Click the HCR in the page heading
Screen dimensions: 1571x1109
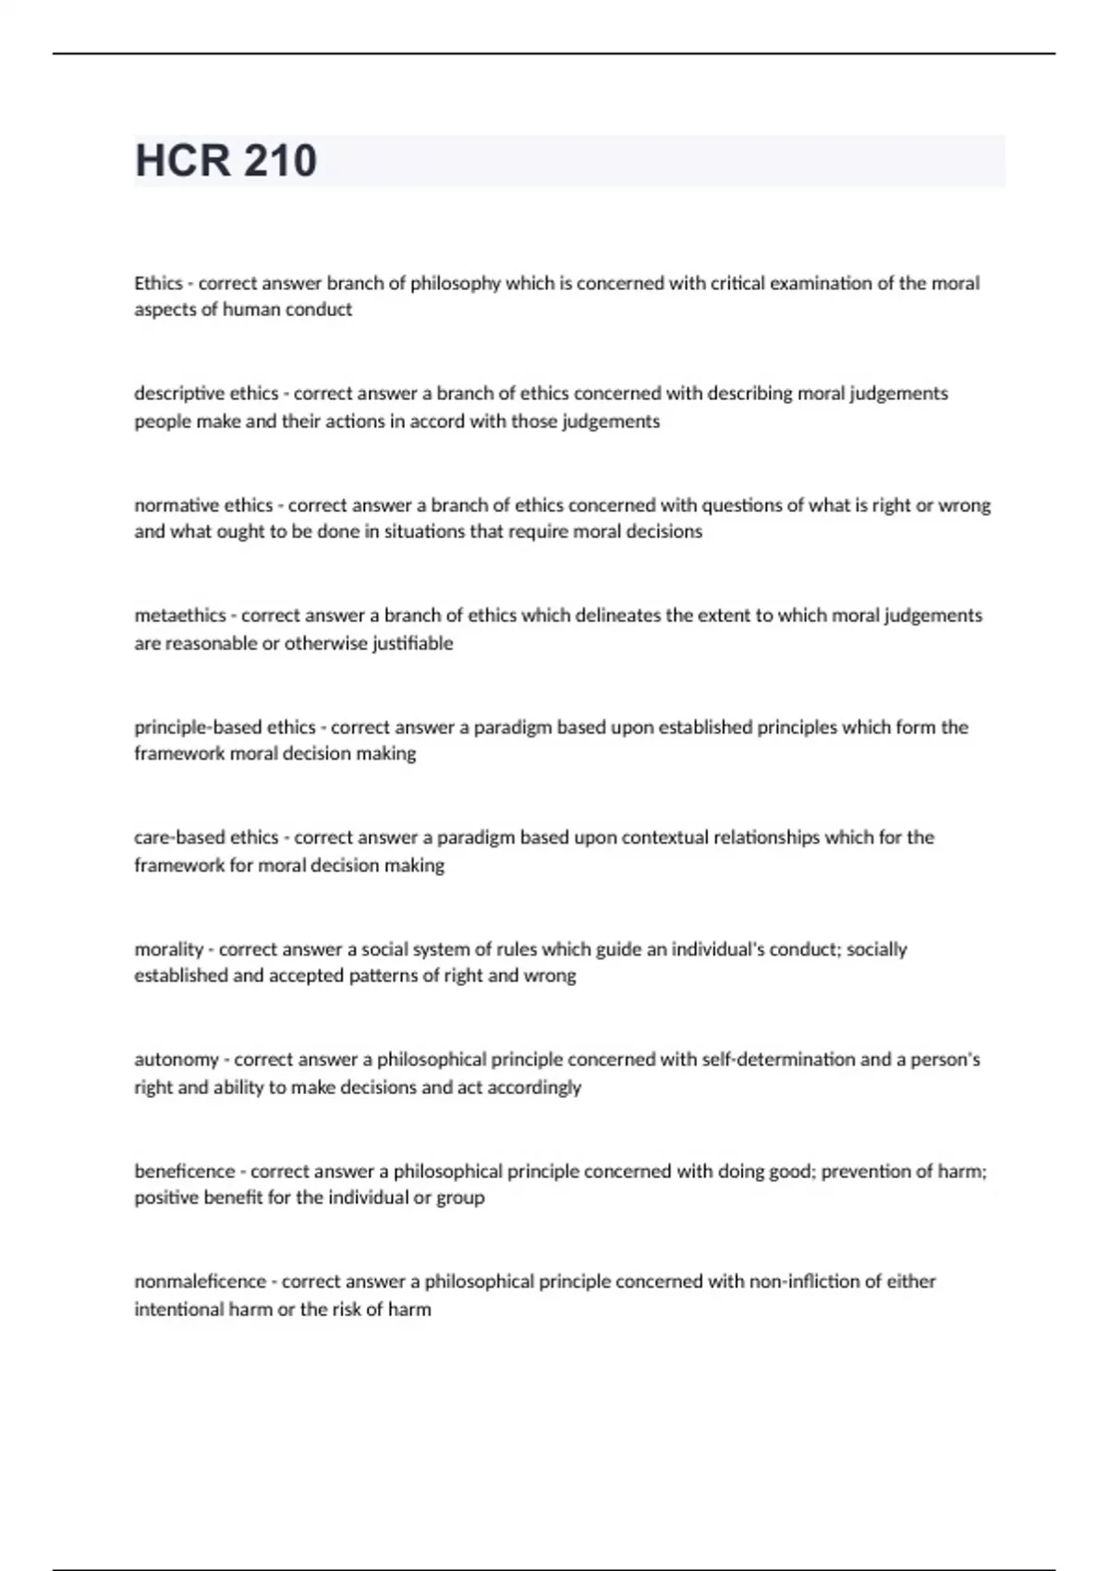183,161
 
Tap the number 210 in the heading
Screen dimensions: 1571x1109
281,161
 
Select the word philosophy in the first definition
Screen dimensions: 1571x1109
456,283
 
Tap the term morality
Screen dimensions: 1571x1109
168,949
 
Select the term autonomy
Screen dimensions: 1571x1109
177,1060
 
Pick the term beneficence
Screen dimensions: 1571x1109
185,1171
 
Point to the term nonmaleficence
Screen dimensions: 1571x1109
200,1282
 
